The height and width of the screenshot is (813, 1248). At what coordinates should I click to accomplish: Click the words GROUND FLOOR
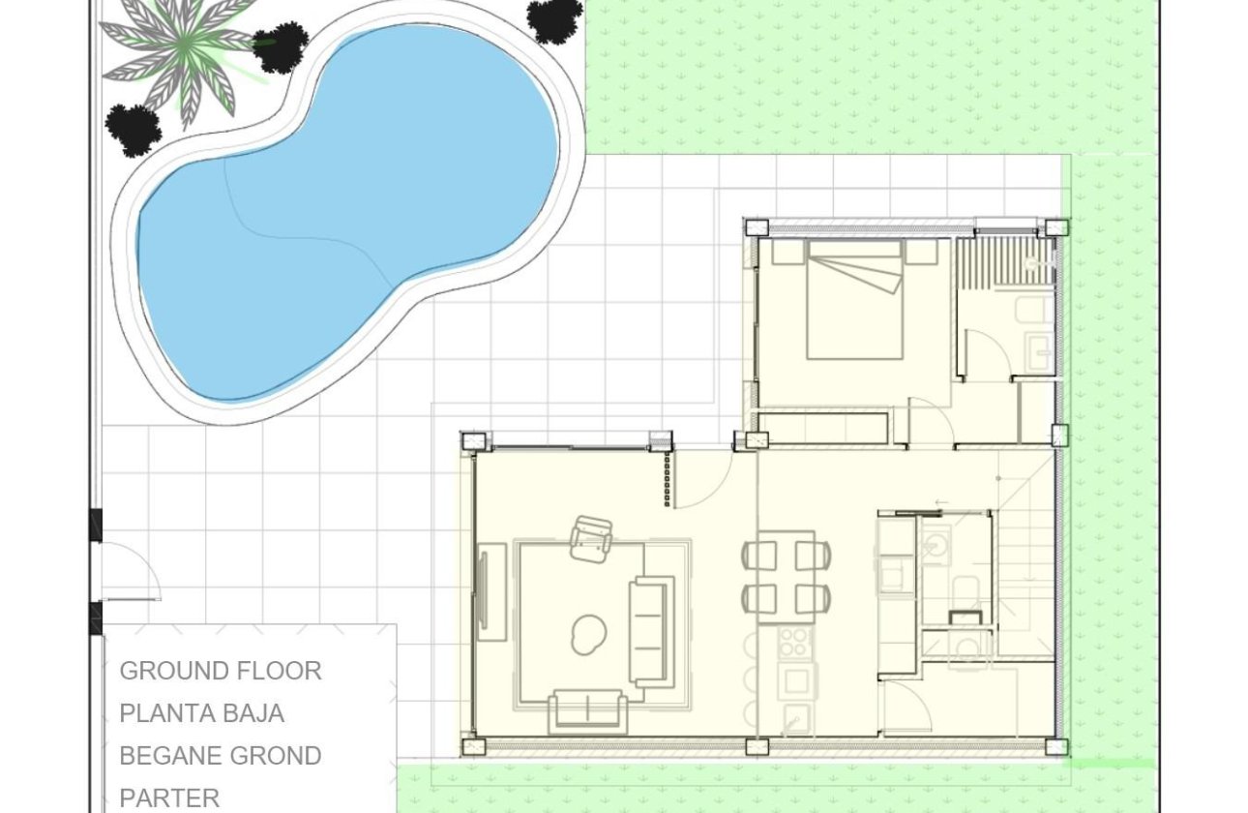pos(221,671)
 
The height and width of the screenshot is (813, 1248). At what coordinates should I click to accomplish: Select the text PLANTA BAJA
pos(202,713)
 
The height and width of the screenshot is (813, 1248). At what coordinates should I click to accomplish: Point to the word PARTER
pos(169,798)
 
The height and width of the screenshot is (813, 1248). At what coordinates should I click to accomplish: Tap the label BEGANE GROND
pos(221,756)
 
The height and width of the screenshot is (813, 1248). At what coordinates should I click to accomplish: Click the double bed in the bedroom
pos(855,300)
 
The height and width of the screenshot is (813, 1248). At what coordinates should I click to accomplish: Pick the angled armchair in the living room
pos(591,538)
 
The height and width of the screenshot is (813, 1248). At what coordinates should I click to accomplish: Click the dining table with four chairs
pos(786,576)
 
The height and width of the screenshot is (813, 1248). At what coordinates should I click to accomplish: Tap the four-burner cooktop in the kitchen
pos(795,642)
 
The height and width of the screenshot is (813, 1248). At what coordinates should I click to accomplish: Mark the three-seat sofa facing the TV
pos(650,631)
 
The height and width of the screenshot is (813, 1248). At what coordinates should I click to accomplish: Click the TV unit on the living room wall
pos(491,592)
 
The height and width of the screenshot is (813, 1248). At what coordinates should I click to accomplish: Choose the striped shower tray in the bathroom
pos(1004,260)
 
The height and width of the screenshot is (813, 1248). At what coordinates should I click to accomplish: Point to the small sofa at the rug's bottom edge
pos(587,711)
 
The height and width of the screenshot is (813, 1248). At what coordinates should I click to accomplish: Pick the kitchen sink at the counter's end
pos(797,718)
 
